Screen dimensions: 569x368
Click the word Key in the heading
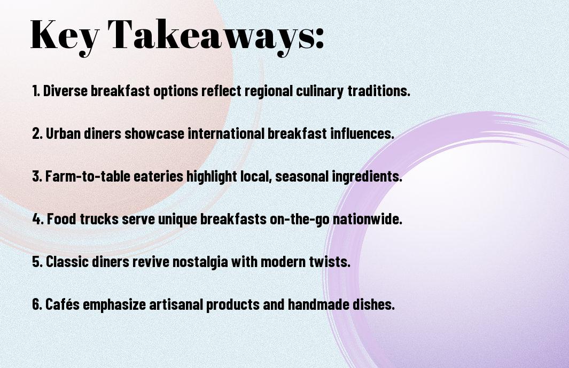(65, 36)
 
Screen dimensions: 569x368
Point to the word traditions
(378, 91)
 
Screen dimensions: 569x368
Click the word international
(225, 134)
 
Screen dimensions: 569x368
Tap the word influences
(362, 134)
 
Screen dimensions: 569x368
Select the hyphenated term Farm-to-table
(87, 176)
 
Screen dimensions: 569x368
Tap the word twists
(330, 262)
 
